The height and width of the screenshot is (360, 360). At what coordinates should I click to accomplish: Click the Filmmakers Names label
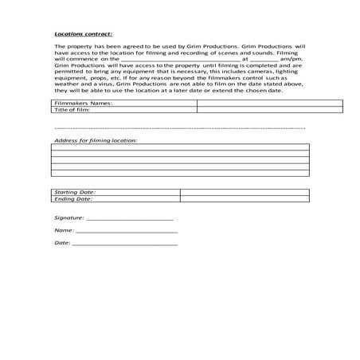coord(84,103)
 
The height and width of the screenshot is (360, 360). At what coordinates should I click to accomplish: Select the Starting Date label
coord(75,192)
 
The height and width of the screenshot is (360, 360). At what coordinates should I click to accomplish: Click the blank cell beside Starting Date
coord(243,192)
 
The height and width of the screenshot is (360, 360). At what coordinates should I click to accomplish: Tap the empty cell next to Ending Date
coord(243,199)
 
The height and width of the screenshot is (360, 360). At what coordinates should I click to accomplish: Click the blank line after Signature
coord(129,217)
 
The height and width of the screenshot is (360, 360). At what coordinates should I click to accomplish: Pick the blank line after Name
coord(126,230)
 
